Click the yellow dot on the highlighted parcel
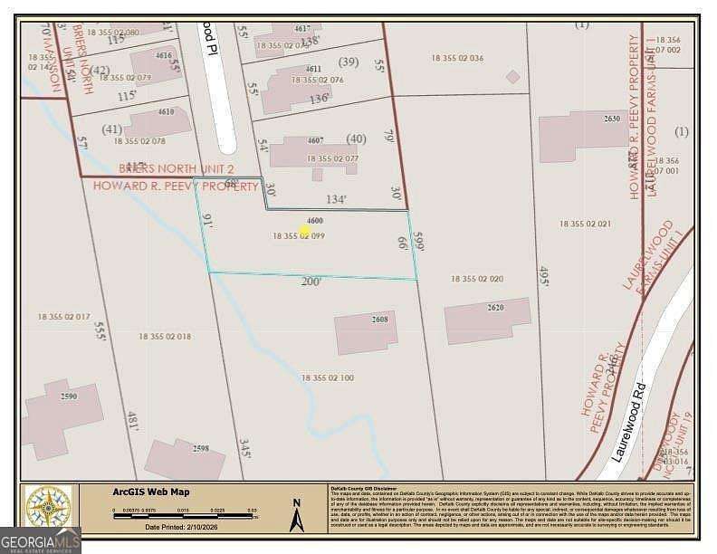(305, 231)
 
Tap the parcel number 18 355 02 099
(299, 236)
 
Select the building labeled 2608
(366, 332)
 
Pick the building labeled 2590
(55, 416)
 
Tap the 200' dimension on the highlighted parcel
(312, 282)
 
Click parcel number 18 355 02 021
(585, 224)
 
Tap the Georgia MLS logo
(41, 540)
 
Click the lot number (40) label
(356, 138)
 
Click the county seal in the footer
(48, 506)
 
